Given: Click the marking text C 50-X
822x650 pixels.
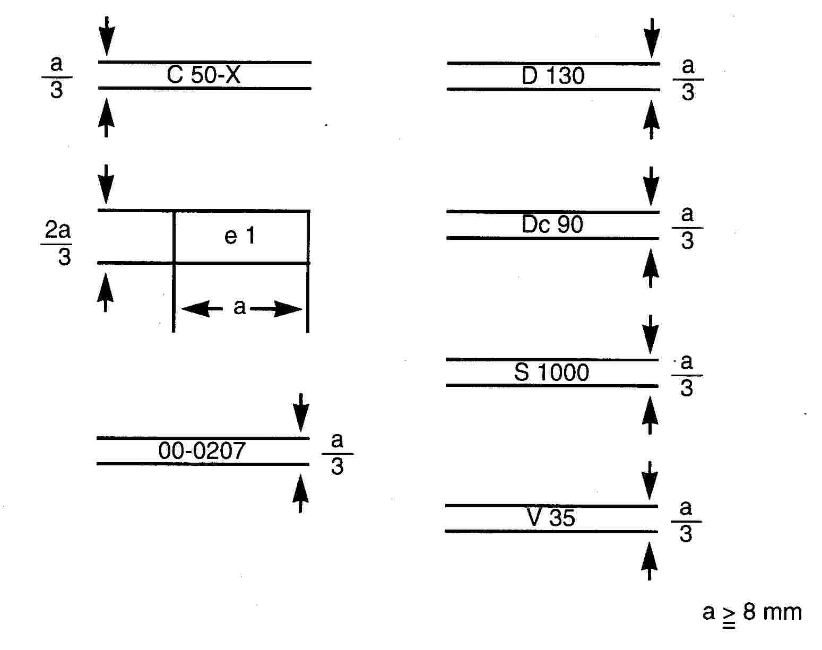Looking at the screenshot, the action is click(x=204, y=75).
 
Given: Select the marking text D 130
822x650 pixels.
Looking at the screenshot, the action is click(x=553, y=76).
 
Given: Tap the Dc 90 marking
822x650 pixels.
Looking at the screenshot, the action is click(x=552, y=224).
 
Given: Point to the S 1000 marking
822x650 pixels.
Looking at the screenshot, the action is click(x=551, y=372).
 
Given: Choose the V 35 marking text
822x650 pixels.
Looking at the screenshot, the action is click(x=551, y=518).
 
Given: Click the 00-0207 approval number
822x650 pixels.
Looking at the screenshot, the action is click(x=202, y=450).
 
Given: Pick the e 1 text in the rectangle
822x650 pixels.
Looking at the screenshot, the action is click(x=239, y=236).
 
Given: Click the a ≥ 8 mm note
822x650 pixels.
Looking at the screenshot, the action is click(x=752, y=613).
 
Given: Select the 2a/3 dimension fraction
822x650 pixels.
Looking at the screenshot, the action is click(x=57, y=243).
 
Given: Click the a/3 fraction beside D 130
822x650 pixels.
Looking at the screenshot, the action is click(x=688, y=79).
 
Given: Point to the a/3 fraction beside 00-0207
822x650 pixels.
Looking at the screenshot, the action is click(x=338, y=454).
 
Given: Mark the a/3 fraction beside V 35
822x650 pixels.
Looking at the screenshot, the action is click(x=686, y=521).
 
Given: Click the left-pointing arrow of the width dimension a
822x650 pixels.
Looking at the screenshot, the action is click(x=202, y=309).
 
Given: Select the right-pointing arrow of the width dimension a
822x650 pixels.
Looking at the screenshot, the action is click(x=276, y=309).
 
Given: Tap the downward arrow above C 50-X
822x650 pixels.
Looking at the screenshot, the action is click(x=107, y=36).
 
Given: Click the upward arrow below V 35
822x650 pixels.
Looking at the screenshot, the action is click(x=650, y=561).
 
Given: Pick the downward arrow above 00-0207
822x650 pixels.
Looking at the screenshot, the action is click(x=301, y=413).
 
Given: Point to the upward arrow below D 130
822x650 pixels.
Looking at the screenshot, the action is click(x=652, y=119).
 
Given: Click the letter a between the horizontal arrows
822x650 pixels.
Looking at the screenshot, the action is click(x=239, y=307).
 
